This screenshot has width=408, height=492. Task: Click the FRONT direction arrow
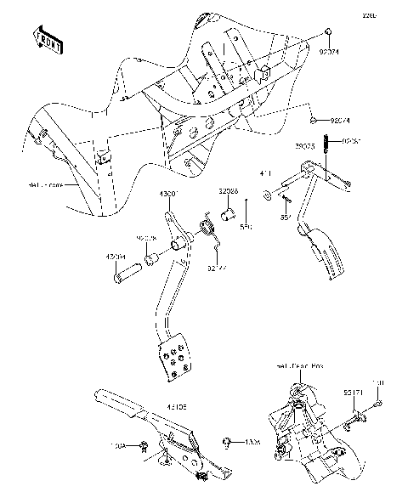coord(46,39)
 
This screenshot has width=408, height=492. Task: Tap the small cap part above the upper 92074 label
coord(327,33)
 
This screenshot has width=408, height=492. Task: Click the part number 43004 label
coord(116,255)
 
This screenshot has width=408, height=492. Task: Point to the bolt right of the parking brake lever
coord(229,442)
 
